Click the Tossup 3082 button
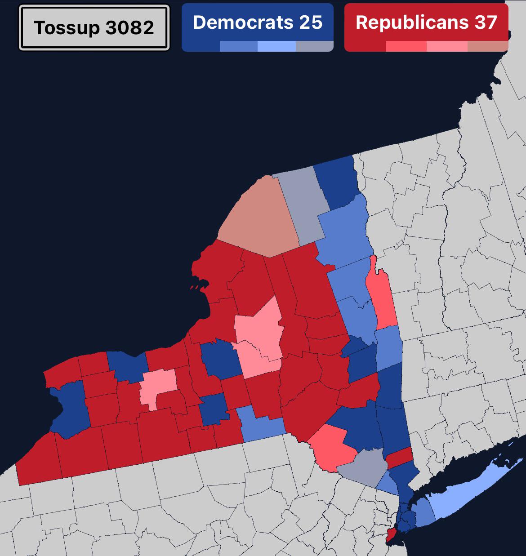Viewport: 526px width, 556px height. point(94,27)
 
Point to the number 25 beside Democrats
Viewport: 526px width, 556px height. point(311,22)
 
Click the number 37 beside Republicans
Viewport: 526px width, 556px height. point(485,22)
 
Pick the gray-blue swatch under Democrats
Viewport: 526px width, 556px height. point(315,46)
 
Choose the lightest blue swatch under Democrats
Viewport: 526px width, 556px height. point(276,46)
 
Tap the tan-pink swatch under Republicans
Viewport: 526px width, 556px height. point(488,46)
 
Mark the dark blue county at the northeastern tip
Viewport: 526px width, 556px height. point(336,182)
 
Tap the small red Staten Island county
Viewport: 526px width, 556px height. point(391,534)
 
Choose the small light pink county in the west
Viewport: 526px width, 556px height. point(157,386)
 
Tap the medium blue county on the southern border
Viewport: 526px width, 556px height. point(261,425)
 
